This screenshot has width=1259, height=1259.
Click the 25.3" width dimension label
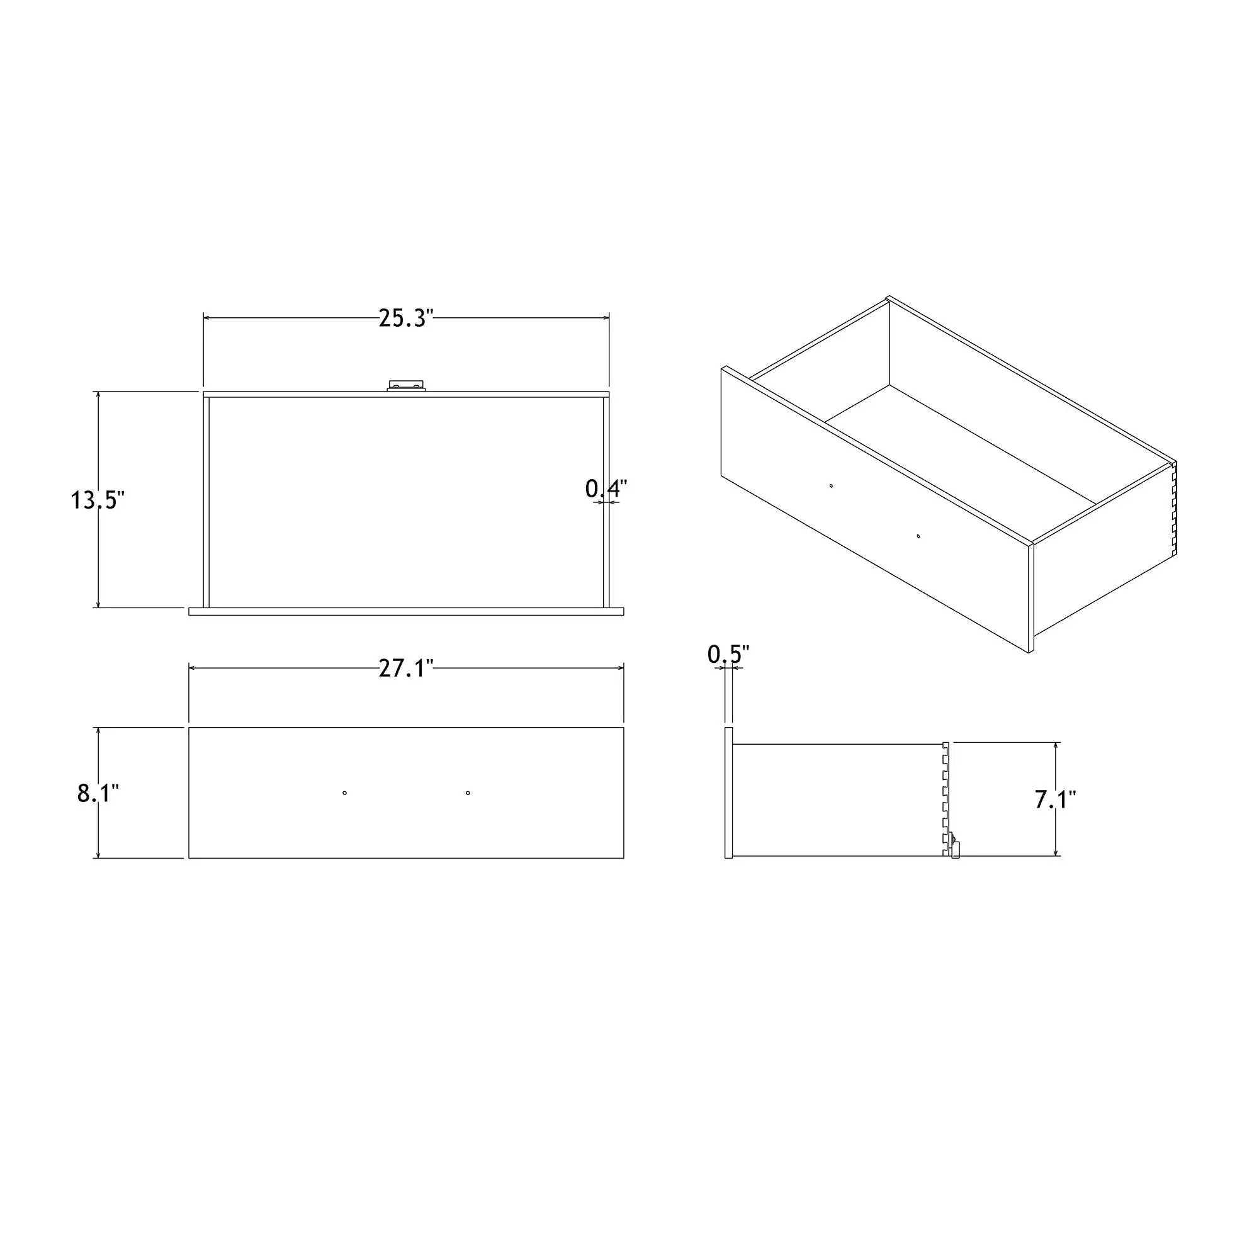pyautogui.click(x=406, y=318)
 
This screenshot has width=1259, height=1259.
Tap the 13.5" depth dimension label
pyautogui.click(x=98, y=500)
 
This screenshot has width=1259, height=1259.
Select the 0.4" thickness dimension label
pyautogui.click(x=606, y=488)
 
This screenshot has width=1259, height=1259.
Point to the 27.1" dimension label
pyautogui.click(x=406, y=669)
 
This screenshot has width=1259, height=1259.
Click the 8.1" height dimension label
pyautogui.click(x=98, y=793)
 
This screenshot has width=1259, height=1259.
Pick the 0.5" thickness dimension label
pyautogui.click(x=728, y=654)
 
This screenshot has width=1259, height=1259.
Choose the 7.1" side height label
pyautogui.click(x=1055, y=799)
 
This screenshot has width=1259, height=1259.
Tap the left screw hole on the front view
pyautogui.click(x=345, y=793)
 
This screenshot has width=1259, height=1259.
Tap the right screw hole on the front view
pyautogui.click(x=468, y=793)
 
